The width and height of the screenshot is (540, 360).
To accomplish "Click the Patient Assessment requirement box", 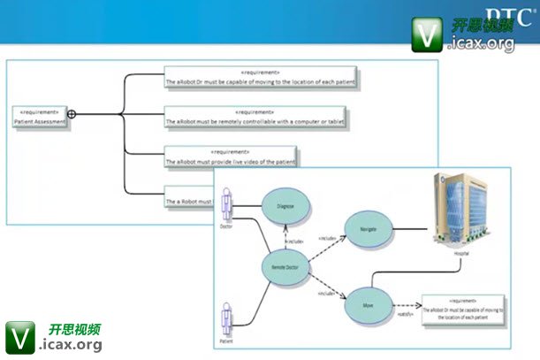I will pyautogui.click(x=39, y=118).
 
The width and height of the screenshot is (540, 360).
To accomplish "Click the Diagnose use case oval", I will pyautogui.click(x=285, y=207).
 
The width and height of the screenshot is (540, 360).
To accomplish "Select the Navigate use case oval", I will pyautogui.click(x=369, y=228).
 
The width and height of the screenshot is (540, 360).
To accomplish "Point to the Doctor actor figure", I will pyautogui.click(x=228, y=204).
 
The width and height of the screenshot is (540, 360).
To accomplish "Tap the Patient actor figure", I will pyautogui.click(x=226, y=318).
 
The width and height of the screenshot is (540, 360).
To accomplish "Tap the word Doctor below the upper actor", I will pyautogui.click(x=227, y=226).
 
